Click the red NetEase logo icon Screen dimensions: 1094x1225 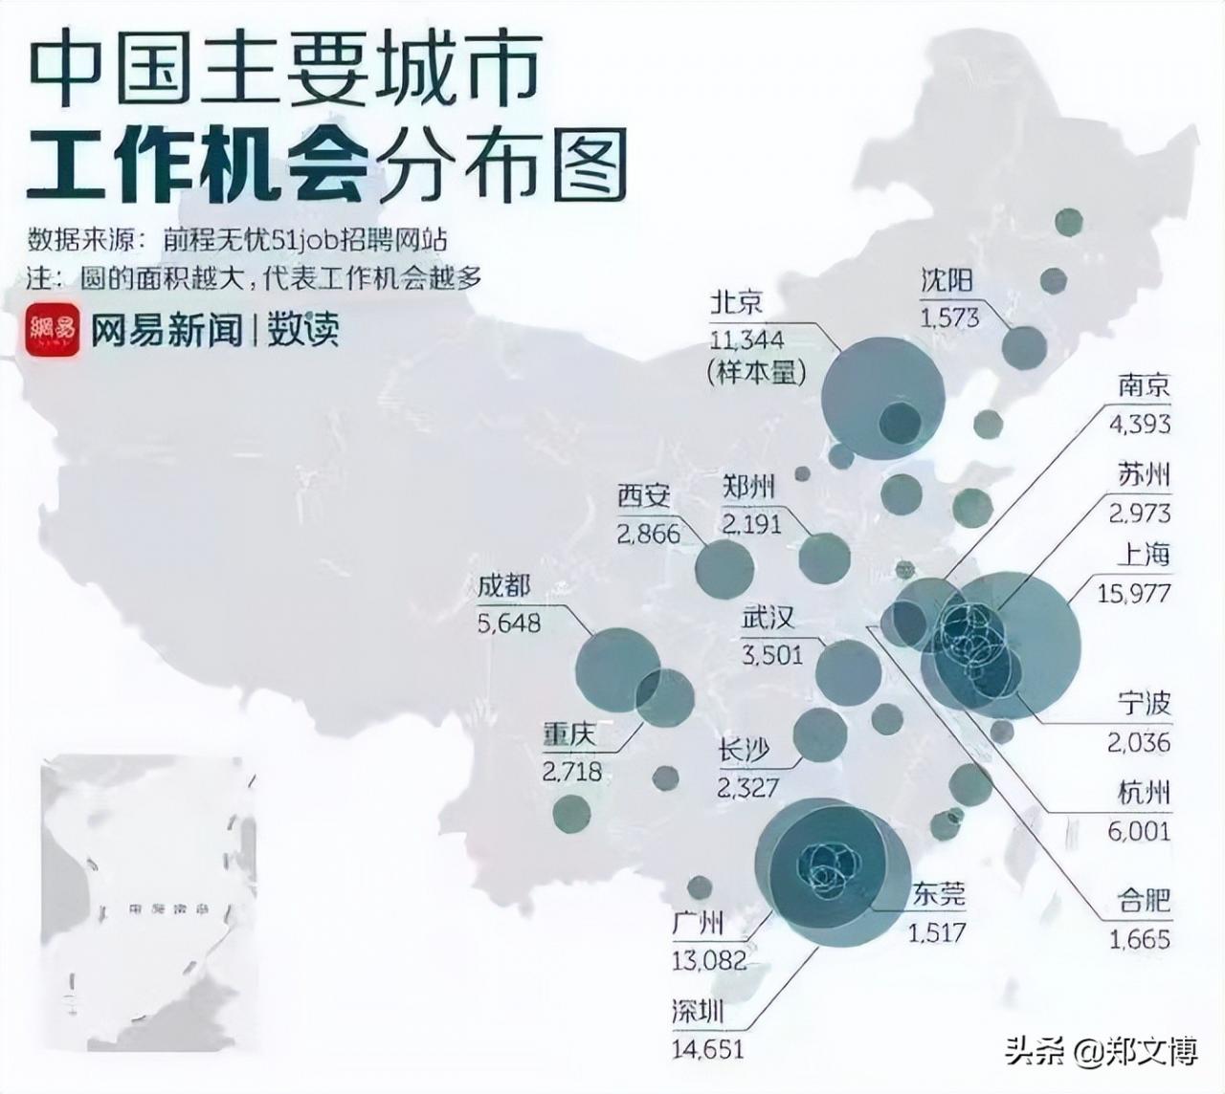53,330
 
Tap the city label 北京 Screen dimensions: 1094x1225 737,302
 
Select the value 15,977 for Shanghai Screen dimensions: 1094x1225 1134,593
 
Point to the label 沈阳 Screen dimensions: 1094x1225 947,279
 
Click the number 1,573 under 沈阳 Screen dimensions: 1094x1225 949,317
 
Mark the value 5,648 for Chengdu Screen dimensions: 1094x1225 508,624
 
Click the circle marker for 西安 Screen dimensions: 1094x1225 724,569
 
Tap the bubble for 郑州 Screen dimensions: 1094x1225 824,558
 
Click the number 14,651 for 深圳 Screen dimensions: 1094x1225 707,1048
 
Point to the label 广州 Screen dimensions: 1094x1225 698,924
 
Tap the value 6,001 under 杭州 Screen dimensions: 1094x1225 1139,831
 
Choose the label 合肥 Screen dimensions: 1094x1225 1144,901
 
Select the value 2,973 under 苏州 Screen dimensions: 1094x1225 1140,514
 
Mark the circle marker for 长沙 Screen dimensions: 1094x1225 820,734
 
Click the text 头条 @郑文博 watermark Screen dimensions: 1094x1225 1101,1052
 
